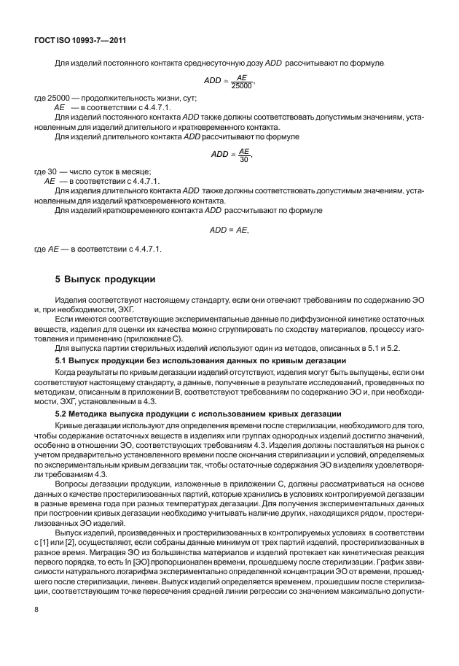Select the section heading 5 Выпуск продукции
click(103, 279)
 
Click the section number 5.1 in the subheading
click(63, 362)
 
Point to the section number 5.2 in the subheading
click(63, 414)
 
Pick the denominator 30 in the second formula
click(244, 158)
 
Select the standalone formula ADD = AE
click(229, 230)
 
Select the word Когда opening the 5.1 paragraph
click(68, 372)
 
